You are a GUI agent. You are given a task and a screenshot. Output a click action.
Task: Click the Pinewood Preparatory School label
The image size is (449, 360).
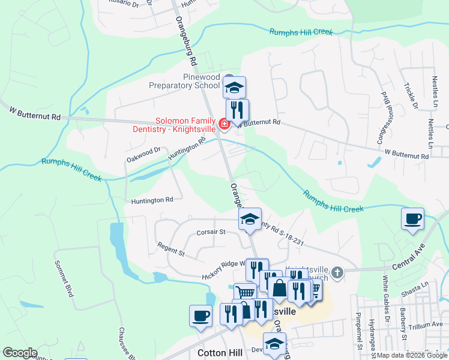185,81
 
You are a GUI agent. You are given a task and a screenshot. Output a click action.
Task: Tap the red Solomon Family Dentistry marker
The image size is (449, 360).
224,124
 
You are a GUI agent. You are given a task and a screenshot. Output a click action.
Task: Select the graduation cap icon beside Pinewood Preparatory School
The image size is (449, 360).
234,88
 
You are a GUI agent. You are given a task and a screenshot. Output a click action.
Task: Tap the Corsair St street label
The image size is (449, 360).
211,231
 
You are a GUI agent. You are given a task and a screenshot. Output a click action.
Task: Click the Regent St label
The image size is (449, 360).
171,249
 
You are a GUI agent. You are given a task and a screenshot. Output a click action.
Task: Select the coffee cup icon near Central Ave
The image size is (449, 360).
412,219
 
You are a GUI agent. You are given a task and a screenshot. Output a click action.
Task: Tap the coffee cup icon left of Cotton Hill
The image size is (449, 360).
200,316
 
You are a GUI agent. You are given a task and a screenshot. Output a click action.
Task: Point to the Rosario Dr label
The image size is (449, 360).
124,4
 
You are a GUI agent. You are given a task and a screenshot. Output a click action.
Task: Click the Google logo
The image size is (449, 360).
20,353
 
